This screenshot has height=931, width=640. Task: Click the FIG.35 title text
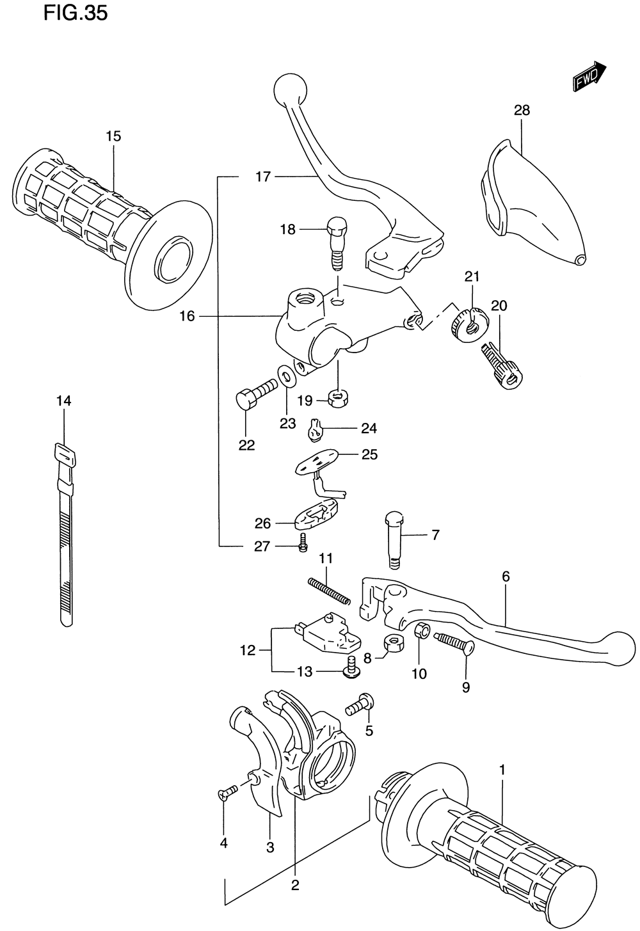tap(76, 13)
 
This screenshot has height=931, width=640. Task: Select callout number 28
tap(522, 110)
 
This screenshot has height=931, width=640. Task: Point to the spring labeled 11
tap(329, 591)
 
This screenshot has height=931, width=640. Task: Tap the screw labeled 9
tap(454, 642)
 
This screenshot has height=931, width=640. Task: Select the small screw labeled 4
tap(227, 793)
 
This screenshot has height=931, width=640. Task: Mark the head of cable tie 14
tap(64, 456)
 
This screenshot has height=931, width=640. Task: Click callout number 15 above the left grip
tap(113, 136)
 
